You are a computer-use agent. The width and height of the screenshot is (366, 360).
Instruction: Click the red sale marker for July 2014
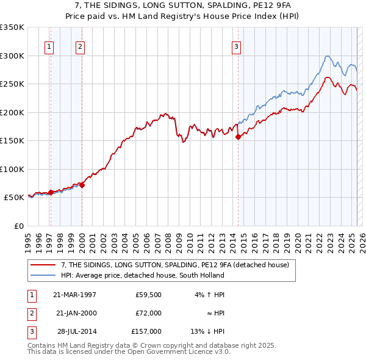pos(239,137)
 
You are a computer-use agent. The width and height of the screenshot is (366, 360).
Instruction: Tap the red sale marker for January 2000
pos(82,185)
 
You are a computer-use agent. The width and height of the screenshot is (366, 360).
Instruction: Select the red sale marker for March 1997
pos(51,192)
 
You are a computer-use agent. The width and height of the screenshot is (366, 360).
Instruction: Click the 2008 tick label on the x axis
pos(172,238)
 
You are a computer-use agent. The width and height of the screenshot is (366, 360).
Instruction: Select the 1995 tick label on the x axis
pos(28,238)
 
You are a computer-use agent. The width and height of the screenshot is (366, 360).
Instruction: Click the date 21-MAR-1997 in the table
pos(74,295)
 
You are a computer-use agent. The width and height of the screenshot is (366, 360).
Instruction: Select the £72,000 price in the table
pos(148,313)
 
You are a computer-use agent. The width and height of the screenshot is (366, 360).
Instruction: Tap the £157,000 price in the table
pos(146,331)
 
